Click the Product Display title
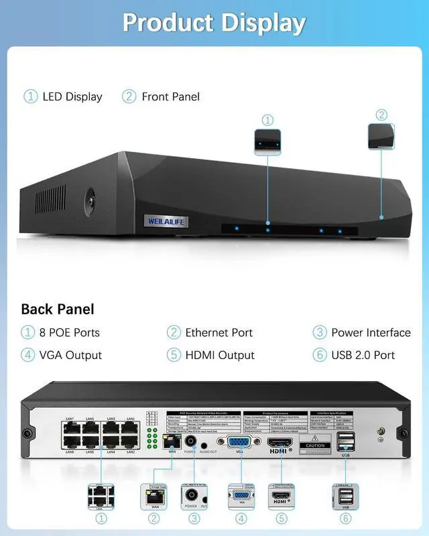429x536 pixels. [x=214, y=22]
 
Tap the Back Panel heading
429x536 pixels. [x=58, y=309]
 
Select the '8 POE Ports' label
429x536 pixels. [x=69, y=332]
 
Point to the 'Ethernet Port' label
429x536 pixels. [x=219, y=332]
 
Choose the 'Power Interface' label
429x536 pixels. [x=370, y=332]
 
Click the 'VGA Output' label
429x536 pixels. [x=70, y=355]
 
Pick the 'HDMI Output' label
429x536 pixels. [x=220, y=355]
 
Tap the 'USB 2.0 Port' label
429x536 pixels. [x=363, y=355]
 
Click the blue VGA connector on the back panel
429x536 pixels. [x=238, y=443]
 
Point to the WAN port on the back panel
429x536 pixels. [x=172, y=442]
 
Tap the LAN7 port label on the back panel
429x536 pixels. [x=70, y=419]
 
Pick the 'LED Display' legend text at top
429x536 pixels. [x=72, y=96]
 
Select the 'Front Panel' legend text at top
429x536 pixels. [x=170, y=96]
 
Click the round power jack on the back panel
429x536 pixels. [x=190, y=442]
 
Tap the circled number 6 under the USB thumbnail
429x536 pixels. [x=346, y=518]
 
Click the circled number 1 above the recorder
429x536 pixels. [x=267, y=121]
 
